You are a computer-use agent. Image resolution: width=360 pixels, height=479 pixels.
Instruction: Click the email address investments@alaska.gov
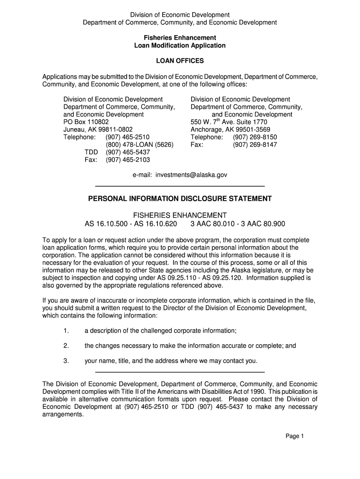193,174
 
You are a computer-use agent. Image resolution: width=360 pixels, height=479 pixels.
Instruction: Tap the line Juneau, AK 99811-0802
98,130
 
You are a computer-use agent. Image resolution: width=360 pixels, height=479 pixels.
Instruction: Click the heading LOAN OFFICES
180,61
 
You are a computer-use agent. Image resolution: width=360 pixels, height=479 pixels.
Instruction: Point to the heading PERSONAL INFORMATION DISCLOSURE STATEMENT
180,199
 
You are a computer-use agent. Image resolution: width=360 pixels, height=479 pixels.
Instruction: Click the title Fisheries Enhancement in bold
180,37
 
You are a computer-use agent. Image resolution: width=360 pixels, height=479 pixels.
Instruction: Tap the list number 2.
66,346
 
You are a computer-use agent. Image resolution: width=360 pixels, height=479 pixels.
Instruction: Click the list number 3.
66,361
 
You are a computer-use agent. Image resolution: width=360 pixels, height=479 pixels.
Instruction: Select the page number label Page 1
295,436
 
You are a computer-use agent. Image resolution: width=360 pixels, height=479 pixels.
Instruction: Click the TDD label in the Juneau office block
91,152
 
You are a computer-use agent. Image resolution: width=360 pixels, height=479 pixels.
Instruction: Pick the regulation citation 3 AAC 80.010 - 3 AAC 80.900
238,224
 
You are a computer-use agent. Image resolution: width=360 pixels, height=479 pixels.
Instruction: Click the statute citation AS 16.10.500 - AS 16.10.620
131,224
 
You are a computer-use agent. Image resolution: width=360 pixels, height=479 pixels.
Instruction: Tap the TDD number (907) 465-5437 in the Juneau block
128,152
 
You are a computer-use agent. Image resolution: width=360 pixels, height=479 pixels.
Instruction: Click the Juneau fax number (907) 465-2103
128,160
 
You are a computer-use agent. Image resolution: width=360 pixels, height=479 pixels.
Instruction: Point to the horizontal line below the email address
180,186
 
